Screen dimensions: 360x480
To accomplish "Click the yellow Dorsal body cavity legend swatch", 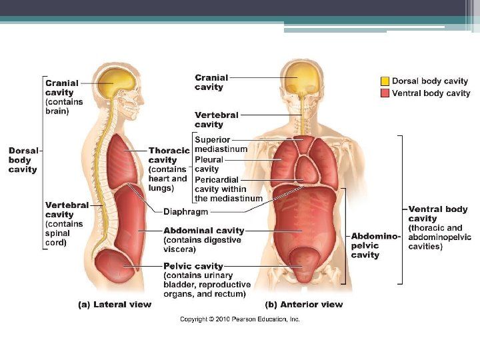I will pos(385,81).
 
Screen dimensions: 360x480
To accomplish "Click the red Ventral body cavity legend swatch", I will pos(385,93).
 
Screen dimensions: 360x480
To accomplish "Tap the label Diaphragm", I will pos(186,211).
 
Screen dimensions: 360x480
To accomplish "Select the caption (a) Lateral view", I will pos(115,305).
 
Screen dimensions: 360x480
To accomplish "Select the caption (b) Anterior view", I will pos(304,305).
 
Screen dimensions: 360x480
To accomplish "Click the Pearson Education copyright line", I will pos(240,319).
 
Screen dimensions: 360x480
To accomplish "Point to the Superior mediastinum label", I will pos(221,144).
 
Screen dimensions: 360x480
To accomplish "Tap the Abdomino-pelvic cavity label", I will pos(375,245).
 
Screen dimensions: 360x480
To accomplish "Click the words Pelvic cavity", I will pos(193,267).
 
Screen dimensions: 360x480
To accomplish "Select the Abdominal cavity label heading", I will pos(204,231).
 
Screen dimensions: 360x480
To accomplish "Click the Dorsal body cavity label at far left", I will pos(23,160).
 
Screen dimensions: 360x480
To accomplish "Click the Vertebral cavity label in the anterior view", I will pos(216,120).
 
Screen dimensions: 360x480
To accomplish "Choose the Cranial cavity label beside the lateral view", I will pos(62,87).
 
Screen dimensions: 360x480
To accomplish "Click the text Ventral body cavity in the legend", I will pos(431,93).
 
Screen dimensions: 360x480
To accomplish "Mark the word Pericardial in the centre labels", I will pos(216,180).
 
